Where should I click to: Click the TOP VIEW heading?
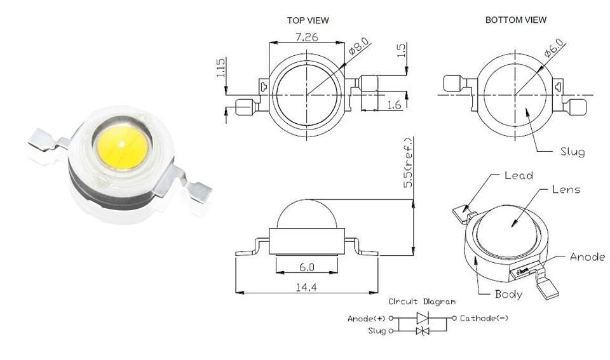point(308,20)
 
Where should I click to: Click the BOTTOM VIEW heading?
point(515,20)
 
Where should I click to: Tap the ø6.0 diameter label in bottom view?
point(553,50)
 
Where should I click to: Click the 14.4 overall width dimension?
point(306,287)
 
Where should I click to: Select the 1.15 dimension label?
point(220,68)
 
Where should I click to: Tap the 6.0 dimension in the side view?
point(307,266)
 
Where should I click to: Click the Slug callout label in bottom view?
point(572,152)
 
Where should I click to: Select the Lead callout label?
point(518,175)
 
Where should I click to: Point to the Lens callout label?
point(566,190)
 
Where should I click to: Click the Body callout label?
point(508,294)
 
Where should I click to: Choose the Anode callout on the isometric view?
point(587,257)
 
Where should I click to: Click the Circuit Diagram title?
point(421,302)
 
